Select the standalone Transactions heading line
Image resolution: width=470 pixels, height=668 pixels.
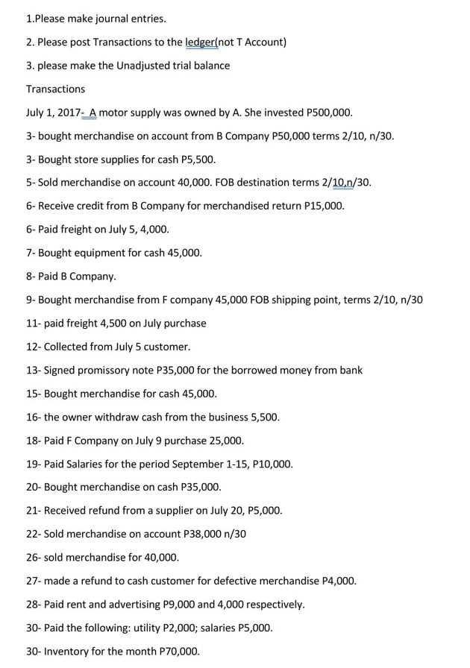click(55, 89)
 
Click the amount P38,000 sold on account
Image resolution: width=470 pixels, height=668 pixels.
click(204, 534)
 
